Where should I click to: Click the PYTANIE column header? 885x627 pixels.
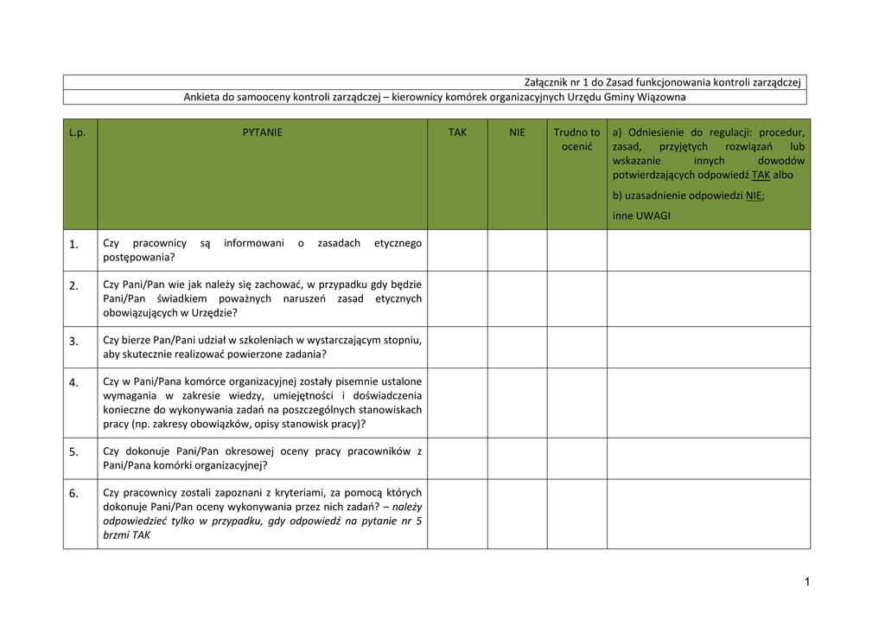pos(262,133)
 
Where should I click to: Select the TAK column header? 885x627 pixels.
pos(457,133)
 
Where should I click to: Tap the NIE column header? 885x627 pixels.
pos(517,133)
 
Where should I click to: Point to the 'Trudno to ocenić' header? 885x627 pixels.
pos(576,139)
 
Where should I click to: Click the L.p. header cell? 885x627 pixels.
pos(78,133)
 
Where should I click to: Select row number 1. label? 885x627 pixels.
pos(74,245)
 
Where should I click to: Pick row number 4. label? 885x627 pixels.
pos(74,382)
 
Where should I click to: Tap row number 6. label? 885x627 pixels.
pos(74,494)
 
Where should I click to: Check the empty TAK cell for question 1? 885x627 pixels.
pos(457,250)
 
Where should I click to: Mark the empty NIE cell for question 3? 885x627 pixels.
pos(517,347)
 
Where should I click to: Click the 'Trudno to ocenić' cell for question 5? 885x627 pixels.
pos(576,457)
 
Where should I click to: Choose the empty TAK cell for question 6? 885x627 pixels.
pos(457,514)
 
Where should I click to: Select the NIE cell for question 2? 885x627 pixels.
pos(517,298)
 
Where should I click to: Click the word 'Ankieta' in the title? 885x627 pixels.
pos(202,97)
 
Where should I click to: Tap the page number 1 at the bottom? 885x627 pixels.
pos(806,582)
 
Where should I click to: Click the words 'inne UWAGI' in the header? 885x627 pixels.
pos(641,215)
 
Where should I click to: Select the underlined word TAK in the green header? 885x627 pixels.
pos(761,175)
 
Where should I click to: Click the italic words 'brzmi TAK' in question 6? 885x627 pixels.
pos(126,535)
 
